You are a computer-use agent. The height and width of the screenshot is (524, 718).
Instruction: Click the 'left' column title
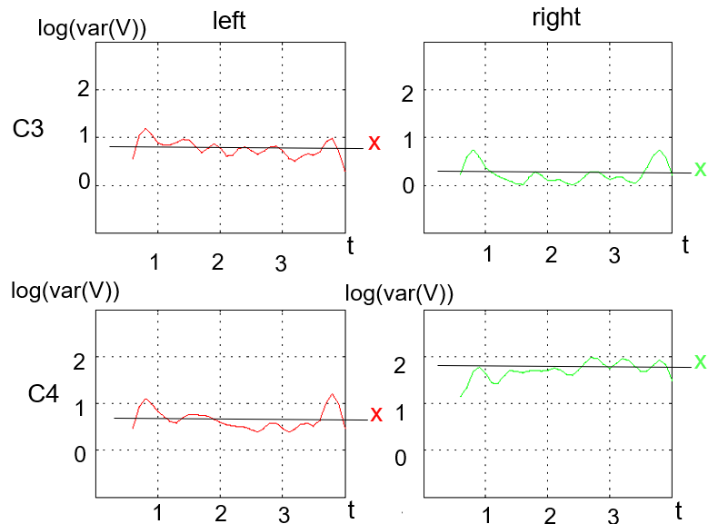pyautogui.click(x=229, y=21)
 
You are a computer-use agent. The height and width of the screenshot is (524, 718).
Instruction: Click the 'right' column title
pyautogui.click(x=556, y=18)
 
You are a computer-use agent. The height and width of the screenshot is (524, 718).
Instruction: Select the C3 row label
pyautogui.click(x=28, y=129)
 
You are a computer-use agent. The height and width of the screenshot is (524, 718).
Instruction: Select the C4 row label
pyautogui.click(x=43, y=393)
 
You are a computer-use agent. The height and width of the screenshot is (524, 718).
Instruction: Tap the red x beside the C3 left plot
pyautogui.click(x=374, y=143)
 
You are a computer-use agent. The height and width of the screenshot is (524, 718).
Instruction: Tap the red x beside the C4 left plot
pyautogui.click(x=376, y=414)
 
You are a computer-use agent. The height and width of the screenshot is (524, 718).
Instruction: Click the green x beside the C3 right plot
pyautogui.click(x=700, y=169)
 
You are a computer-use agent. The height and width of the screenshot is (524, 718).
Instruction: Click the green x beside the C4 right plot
pyautogui.click(x=700, y=361)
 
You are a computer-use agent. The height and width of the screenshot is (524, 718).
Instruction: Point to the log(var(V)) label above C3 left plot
pyautogui.click(x=92, y=28)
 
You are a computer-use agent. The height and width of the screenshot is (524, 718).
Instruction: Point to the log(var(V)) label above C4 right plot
pyautogui.click(x=399, y=293)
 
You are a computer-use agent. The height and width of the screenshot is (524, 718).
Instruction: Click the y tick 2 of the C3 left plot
pyautogui.click(x=84, y=89)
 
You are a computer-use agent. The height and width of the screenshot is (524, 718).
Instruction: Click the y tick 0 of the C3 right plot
pyautogui.click(x=408, y=186)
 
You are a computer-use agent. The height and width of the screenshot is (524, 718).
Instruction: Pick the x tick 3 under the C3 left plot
pyautogui.click(x=281, y=263)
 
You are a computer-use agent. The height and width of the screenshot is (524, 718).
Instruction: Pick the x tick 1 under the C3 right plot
pyautogui.click(x=488, y=253)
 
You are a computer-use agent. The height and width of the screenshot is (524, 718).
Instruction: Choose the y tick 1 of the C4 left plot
pyautogui.click(x=80, y=408)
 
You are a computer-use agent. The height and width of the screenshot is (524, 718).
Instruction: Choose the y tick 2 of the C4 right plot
pyautogui.click(x=400, y=365)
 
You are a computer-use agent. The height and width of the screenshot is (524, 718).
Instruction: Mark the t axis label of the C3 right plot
pyautogui.click(x=685, y=245)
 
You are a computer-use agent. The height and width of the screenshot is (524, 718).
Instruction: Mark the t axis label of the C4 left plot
pyautogui.click(x=351, y=509)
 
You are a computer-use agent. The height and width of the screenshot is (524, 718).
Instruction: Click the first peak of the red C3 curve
pyautogui.click(x=145, y=129)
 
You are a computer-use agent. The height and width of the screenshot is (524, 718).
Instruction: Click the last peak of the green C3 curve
pyautogui.click(x=660, y=150)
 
